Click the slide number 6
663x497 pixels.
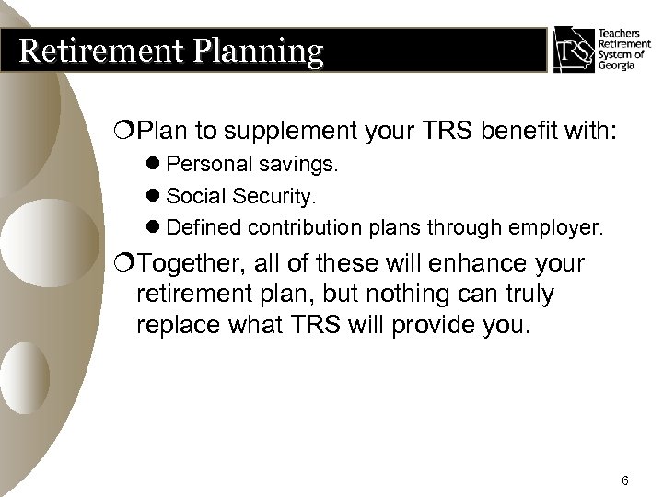[x=624, y=457]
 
